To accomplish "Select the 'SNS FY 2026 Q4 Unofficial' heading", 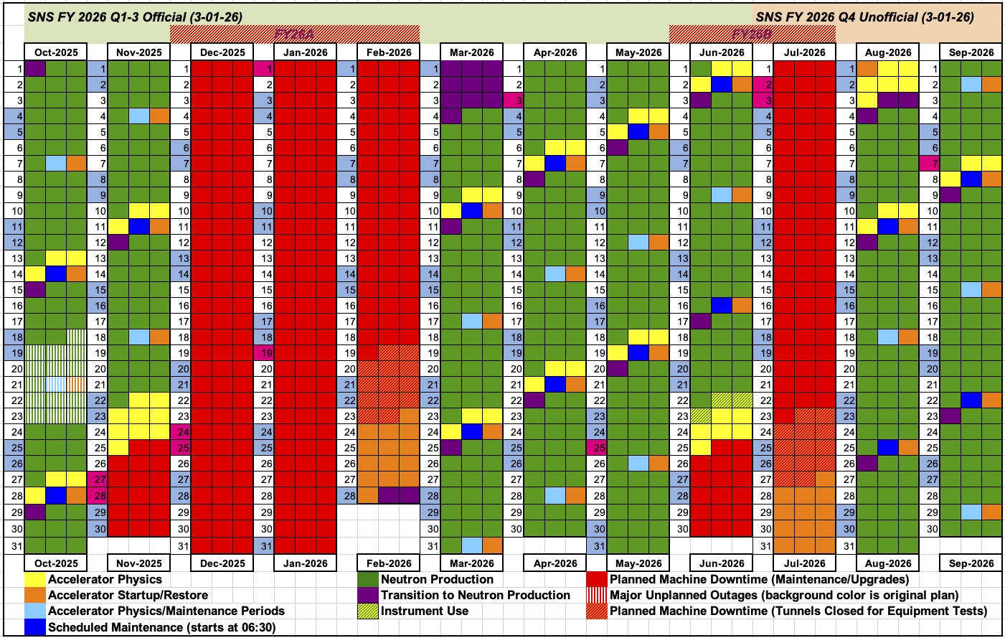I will coord(865,17).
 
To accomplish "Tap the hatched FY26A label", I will coord(294,34).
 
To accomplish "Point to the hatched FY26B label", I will coord(752,34).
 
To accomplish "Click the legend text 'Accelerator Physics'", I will coord(105,580).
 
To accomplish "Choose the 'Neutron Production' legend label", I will coord(437,580).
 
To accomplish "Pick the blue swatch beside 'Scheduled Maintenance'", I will coord(34,627).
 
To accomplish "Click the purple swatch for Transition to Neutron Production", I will coord(368,596).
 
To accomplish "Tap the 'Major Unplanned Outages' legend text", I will coord(783,596).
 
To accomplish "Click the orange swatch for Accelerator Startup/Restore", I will coord(34,596).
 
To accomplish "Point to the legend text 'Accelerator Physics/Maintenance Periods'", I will coord(166,611).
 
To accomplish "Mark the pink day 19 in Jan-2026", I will coord(263,353).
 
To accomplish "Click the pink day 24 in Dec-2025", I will coord(180,432).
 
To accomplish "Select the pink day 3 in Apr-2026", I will coord(513,100).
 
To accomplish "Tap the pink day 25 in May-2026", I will coord(596,448).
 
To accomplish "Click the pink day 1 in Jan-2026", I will coord(263,69).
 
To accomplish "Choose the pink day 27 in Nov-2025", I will coord(97,479).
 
